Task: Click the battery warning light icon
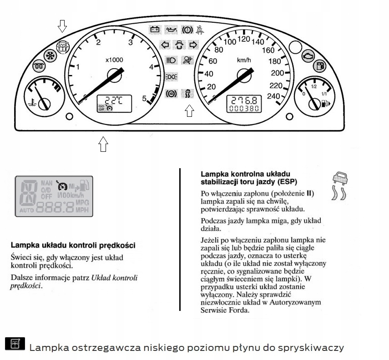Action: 156,30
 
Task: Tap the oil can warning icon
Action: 171,30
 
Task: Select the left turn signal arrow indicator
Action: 166,45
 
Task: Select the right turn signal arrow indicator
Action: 193,45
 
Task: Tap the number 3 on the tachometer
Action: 131,43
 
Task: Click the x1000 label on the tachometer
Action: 114,60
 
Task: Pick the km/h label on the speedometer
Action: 244,60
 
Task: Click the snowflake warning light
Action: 49,55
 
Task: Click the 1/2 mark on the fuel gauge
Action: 314,85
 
